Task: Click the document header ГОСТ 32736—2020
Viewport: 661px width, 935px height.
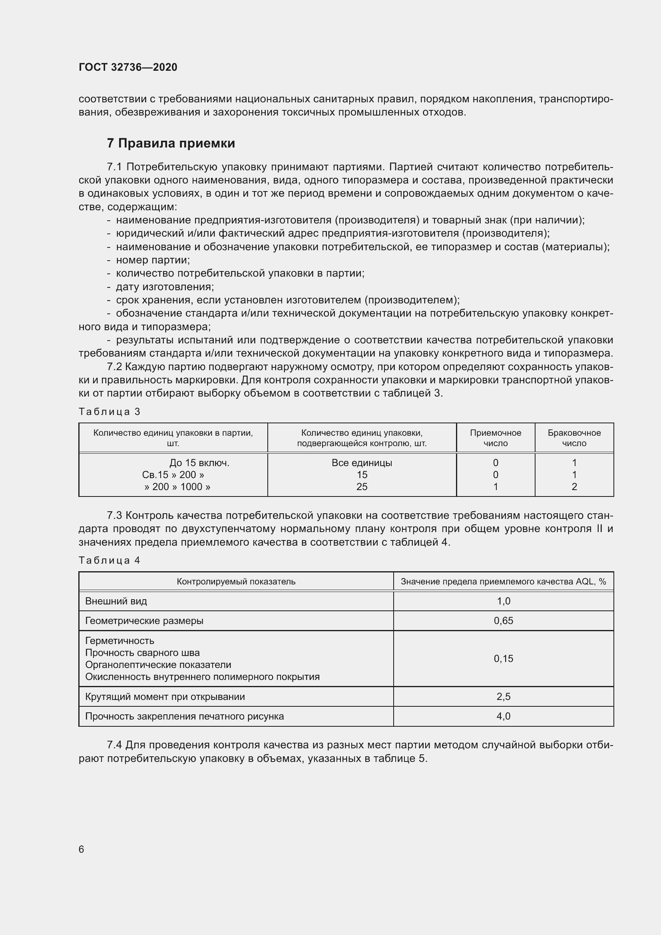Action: click(128, 67)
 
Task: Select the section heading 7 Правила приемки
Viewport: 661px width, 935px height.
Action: click(171, 144)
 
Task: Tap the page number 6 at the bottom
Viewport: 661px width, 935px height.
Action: click(82, 849)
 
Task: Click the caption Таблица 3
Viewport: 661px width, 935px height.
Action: click(109, 412)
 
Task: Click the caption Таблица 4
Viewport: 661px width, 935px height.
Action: click(109, 560)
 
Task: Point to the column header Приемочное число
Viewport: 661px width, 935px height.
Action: click(495, 438)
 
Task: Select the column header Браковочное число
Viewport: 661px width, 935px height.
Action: click(574, 438)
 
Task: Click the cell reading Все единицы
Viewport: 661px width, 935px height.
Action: click(362, 463)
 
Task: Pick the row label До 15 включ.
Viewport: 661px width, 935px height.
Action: click(199, 463)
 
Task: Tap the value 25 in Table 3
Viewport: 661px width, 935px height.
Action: click(362, 486)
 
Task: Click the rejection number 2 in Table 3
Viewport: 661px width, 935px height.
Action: click(574, 486)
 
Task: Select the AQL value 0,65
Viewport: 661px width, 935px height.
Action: click(504, 621)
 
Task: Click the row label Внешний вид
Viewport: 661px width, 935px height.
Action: click(116, 601)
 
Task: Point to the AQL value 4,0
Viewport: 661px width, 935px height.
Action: click(504, 716)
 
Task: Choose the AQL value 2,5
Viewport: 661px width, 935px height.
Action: click(504, 696)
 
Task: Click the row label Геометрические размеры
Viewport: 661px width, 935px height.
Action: click(144, 621)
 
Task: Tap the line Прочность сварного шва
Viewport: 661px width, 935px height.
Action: click(142, 653)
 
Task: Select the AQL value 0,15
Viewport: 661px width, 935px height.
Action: click(504, 658)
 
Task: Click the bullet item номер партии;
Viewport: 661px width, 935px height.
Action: click(153, 260)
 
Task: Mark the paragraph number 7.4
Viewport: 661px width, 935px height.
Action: click(114, 745)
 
